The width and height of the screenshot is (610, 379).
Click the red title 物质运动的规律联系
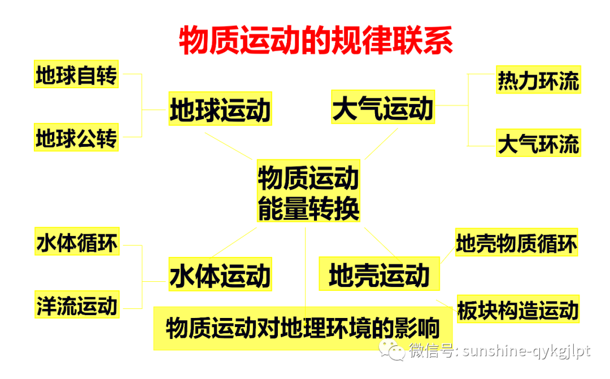(316, 40)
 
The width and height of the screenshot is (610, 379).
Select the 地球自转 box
(76, 75)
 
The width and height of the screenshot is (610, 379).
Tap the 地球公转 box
(76, 137)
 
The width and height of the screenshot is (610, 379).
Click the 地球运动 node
(220, 109)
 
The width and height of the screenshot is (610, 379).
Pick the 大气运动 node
(383, 107)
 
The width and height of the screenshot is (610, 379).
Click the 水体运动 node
(220, 275)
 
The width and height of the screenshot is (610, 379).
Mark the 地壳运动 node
(379, 275)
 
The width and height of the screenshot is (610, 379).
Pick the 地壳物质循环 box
(516, 243)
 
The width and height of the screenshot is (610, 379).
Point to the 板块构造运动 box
(518, 310)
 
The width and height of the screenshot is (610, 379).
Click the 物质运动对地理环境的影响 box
(303, 328)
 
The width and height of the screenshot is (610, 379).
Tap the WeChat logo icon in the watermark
(391, 351)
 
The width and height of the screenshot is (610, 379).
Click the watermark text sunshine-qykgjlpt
(526, 351)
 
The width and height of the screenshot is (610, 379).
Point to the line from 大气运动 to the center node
(381, 143)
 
